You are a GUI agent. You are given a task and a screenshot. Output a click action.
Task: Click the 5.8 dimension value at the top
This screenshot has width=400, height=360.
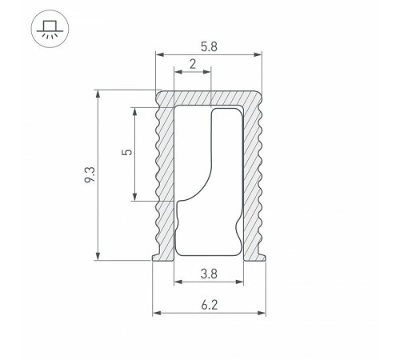(209, 46)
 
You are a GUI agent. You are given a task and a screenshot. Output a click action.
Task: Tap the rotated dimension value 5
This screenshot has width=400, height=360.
(123, 153)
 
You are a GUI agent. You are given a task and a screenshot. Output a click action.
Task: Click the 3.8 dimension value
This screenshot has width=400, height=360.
(209, 274)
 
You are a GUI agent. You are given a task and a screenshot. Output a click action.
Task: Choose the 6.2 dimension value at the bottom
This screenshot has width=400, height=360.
(209, 305)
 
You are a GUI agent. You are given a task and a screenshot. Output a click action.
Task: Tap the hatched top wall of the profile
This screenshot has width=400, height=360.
(208, 97)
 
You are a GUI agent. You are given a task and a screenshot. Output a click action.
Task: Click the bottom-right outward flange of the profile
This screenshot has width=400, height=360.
(262, 257)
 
